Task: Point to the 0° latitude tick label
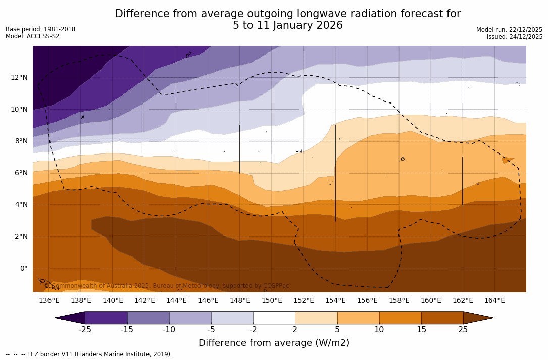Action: [x=23, y=269]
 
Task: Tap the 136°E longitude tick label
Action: [x=49, y=301]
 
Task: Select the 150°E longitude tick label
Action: [x=272, y=301]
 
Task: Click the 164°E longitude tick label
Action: [x=494, y=301]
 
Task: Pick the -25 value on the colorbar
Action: [x=85, y=330]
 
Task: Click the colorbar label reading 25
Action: [x=463, y=330]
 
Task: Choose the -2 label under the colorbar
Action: [x=253, y=330]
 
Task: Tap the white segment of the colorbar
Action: [x=274, y=318]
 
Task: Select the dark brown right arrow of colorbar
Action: [x=477, y=318]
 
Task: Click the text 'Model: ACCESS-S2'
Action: [x=32, y=36]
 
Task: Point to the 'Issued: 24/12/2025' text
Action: [x=515, y=37]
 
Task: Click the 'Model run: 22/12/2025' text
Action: [x=509, y=30]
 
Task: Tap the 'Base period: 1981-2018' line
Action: [x=40, y=29]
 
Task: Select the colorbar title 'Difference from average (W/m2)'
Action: [x=274, y=343]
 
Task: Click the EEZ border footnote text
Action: [x=89, y=354]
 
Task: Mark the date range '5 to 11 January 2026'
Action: [x=287, y=25]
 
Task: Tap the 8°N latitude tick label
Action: [x=22, y=141]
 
